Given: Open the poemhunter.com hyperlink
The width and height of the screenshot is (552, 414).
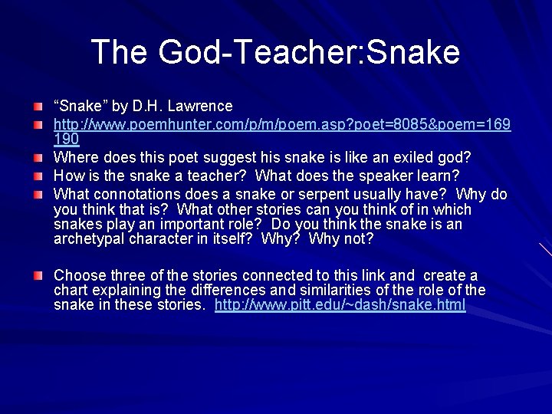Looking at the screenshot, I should pos(282,123).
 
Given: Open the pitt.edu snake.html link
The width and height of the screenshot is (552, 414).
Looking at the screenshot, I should pos(340,304).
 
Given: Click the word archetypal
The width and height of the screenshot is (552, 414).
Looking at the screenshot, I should pos(90,238).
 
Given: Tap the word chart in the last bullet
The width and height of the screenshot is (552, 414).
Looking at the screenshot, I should pos(71,290).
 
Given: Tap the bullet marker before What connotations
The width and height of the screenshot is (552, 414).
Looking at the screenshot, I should pos(38,193).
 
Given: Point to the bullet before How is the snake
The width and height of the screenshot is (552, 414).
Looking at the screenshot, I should pos(38,176).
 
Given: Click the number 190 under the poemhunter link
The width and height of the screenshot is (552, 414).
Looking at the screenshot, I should pos(66,140).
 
